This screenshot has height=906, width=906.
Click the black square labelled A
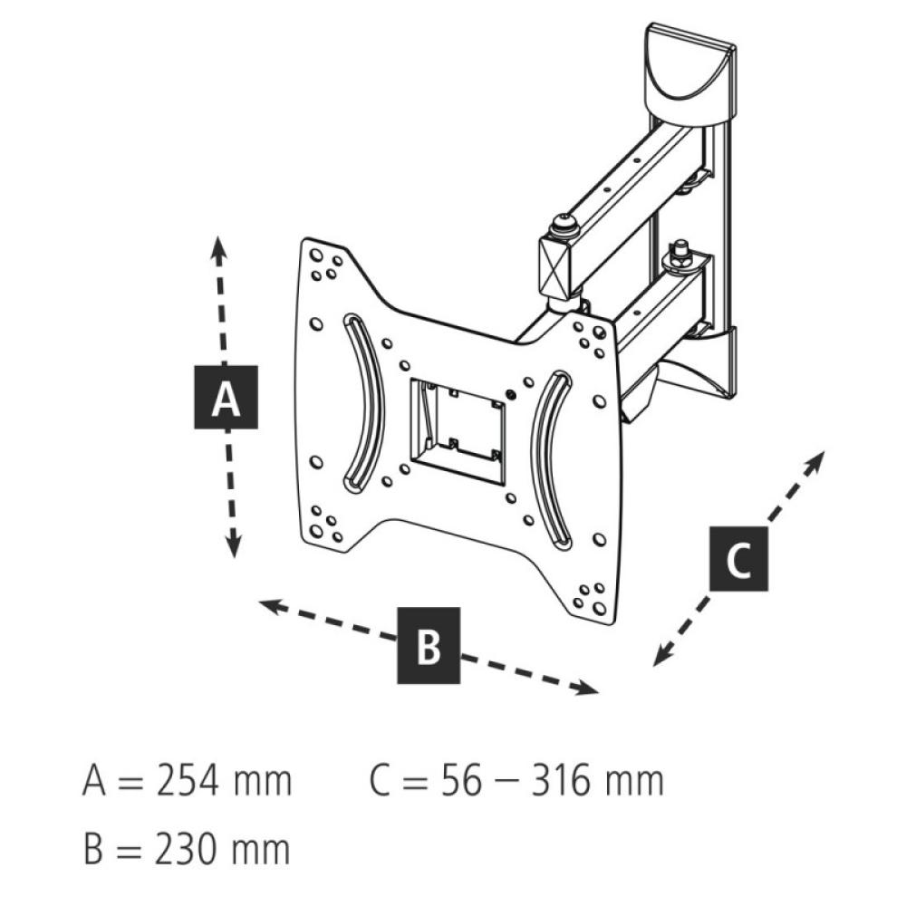point(226,398)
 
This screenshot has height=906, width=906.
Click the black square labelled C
point(738,560)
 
